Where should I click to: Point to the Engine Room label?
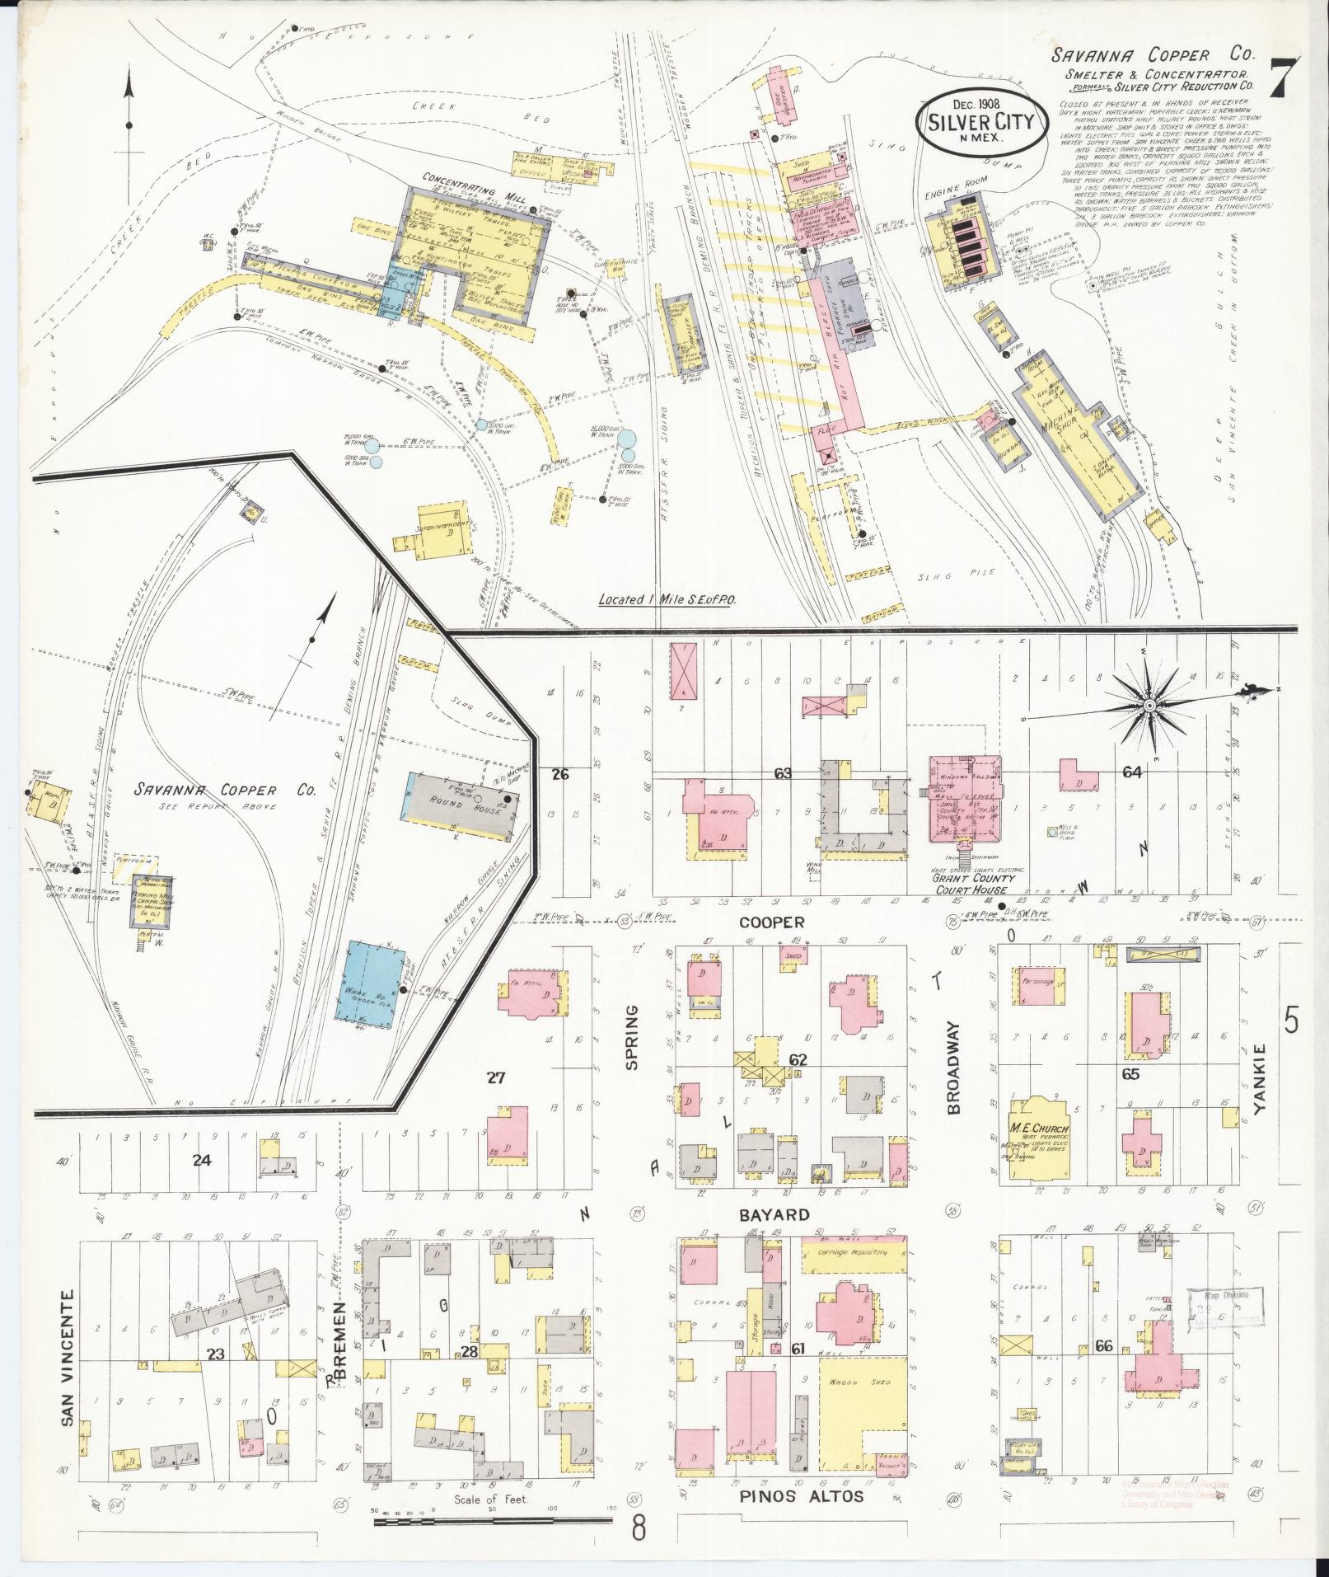coord(948,197)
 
